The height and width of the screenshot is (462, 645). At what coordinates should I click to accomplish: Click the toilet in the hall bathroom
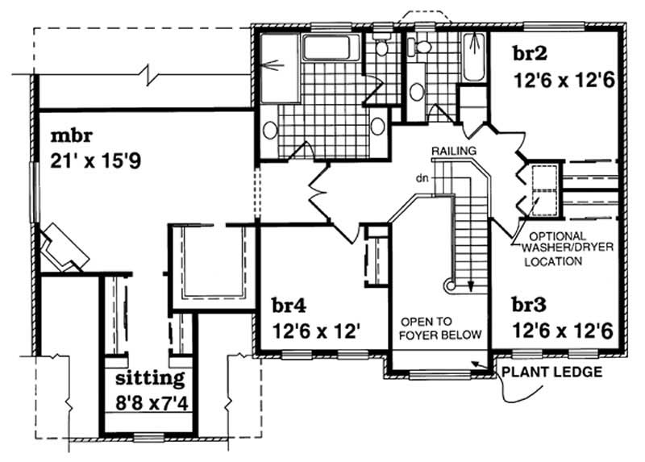pyautogui.click(x=422, y=46)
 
